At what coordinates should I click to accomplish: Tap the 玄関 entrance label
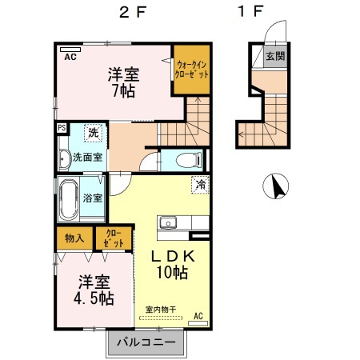275,56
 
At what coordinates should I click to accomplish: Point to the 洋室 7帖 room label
124,82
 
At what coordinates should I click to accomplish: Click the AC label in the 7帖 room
70,57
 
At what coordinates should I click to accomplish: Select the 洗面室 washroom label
87,157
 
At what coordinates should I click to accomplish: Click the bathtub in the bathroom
68,199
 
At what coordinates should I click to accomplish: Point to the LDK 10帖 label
170,265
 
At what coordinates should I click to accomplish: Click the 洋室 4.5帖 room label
95,290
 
